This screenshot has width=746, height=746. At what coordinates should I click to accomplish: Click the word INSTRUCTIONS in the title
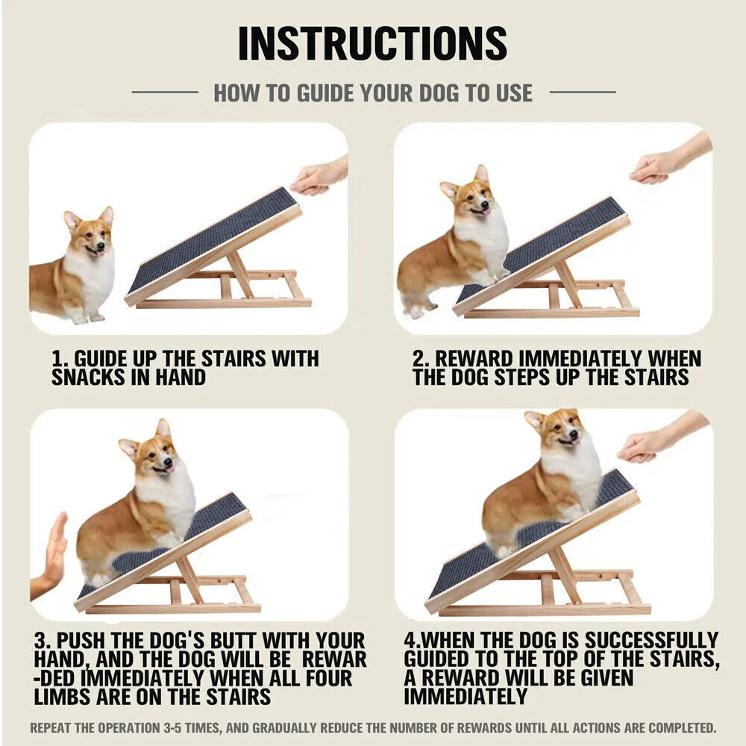point(372,43)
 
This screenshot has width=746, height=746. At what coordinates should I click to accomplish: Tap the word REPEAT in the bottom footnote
point(53,727)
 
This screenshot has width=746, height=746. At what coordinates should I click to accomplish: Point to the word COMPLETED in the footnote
point(681,727)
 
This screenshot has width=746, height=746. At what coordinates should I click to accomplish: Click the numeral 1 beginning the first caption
point(58,359)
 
